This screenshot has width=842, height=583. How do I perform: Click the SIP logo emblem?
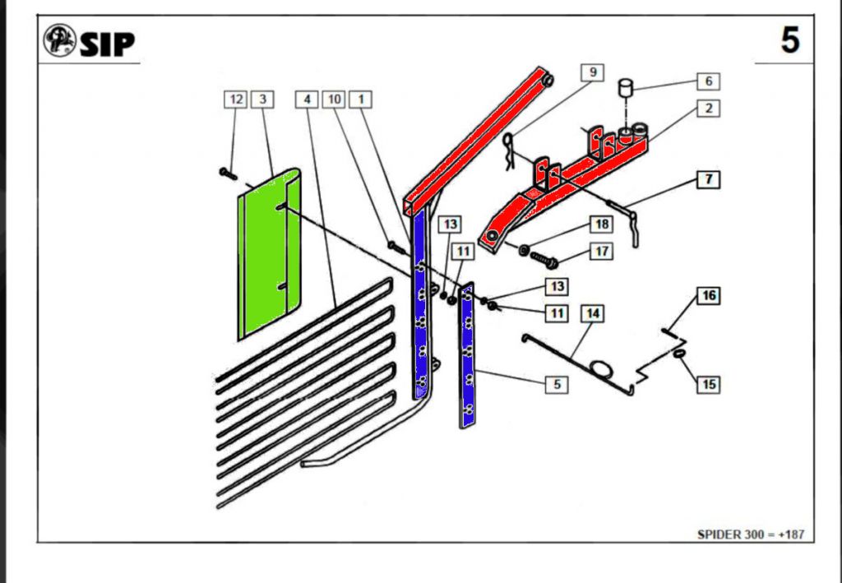pyautogui.click(x=60, y=41)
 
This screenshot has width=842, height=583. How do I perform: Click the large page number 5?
pyautogui.click(x=789, y=39)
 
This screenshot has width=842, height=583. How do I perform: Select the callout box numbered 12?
pyautogui.click(x=236, y=99)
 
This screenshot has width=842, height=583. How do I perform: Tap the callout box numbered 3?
pyautogui.click(x=261, y=99)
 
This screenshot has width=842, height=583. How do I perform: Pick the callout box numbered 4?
pyautogui.click(x=307, y=99)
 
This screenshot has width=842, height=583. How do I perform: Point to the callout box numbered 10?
pyautogui.click(x=334, y=99)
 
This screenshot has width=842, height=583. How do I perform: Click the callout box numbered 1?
pyautogui.click(x=360, y=99)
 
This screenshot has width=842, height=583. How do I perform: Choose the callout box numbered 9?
pyautogui.click(x=592, y=72)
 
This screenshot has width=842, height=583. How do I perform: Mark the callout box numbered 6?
pyautogui.click(x=708, y=81)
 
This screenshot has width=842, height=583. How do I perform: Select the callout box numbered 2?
pyautogui.click(x=708, y=108)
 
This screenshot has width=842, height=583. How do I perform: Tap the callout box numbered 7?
pyautogui.click(x=708, y=178)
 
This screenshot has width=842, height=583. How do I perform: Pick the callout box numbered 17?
pyautogui.click(x=602, y=251)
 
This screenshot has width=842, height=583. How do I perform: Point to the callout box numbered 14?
pyautogui.click(x=592, y=313)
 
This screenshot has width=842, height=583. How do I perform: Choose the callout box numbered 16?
pyautogui.click(x=709, y=296)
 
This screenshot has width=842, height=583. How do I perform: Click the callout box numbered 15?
pyautogui.click(x=709, y=383)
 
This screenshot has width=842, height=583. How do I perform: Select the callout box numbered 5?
pyautogui.click(x=557, y=383)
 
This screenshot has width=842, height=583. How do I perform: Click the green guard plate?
pyautogui.click(x=267, y=255)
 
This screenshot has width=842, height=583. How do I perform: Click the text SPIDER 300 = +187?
pyautogui.click(x=750, y=534)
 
